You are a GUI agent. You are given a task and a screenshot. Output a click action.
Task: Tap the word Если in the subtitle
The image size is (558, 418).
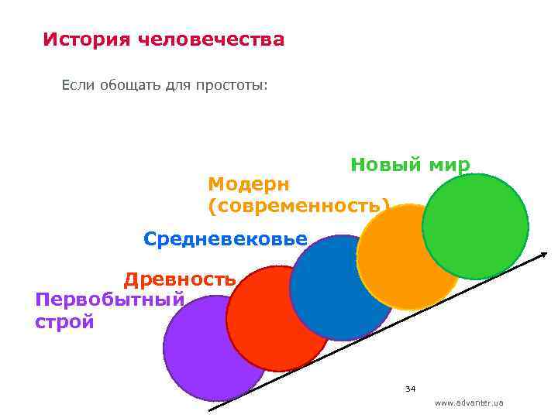(x=78, y=85)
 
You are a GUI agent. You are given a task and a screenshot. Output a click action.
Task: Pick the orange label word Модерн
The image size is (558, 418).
(x=248, y=184)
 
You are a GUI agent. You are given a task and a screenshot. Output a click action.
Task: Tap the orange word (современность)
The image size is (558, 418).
(x=298, y=206)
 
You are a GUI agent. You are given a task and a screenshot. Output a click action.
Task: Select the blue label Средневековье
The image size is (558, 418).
(x=226, y=238)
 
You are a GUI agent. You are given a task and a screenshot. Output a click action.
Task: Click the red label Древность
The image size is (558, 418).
(x=180, y=279)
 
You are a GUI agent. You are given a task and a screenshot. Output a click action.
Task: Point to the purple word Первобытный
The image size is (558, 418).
(x=109, y=299)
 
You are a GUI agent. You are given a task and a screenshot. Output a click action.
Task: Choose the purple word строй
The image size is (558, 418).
(x=64, y=321)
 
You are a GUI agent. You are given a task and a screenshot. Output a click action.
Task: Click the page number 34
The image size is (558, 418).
(x=411, y=388)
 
